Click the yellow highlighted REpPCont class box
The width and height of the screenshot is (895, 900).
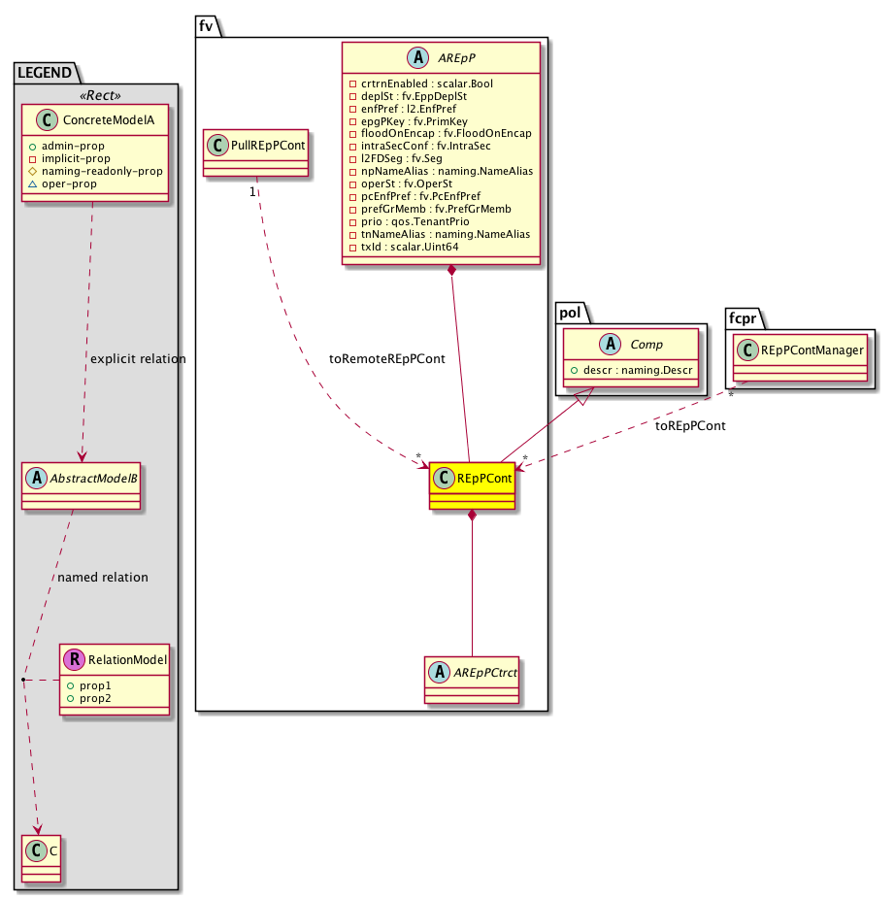pyautogui.click(x=472, y=483)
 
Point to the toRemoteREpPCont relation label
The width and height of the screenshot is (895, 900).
pyautogui.click(x=387, y=358)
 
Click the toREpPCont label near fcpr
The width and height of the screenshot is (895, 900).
pyautogui.click(x=691, y=425)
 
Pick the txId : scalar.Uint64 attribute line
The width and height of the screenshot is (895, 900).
pyautogui.click(x=404, y=248)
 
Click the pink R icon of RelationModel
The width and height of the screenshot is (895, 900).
pyautogui.click(x=74, y=660)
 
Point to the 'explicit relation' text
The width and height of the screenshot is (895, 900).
pyautogui.click(x=137, y=359)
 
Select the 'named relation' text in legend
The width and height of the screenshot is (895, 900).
pyautogui.click(x=103, y=577)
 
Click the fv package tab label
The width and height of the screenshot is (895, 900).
pyautogui.click(x=206, y=26)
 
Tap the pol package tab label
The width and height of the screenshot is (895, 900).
pyautogui.click(x=569, y=313)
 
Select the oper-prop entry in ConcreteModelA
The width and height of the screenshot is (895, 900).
pyautogui.click(x=76, y=183)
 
